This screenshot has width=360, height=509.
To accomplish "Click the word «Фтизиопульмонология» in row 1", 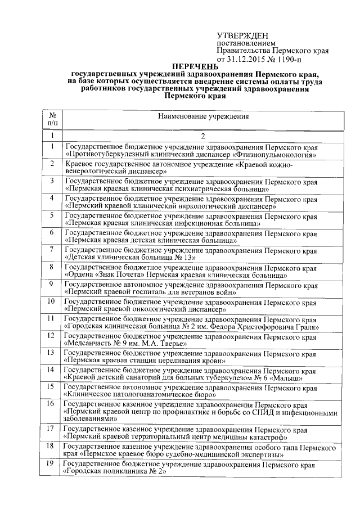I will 274,154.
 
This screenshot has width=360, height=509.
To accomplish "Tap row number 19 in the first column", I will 51,463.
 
